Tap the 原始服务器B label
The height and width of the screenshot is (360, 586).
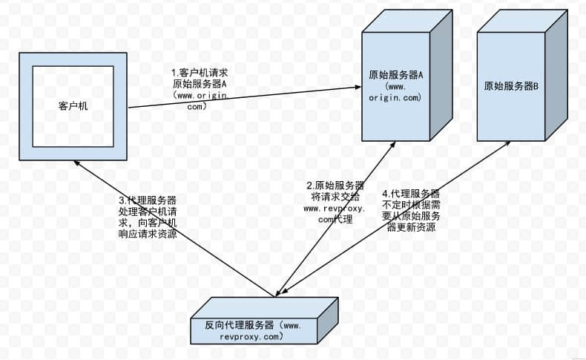[511, 87]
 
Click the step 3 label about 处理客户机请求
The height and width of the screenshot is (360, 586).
[148, 217]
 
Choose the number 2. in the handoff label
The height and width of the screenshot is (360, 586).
[310, 186]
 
